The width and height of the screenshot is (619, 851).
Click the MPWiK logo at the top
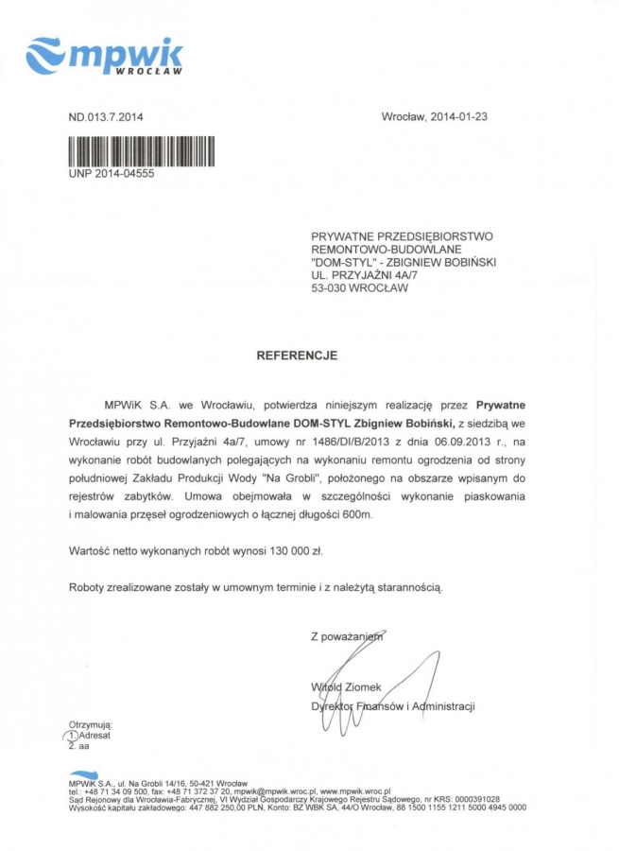tap(104, 56)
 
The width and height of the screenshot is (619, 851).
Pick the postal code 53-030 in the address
tap(329, 288)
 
